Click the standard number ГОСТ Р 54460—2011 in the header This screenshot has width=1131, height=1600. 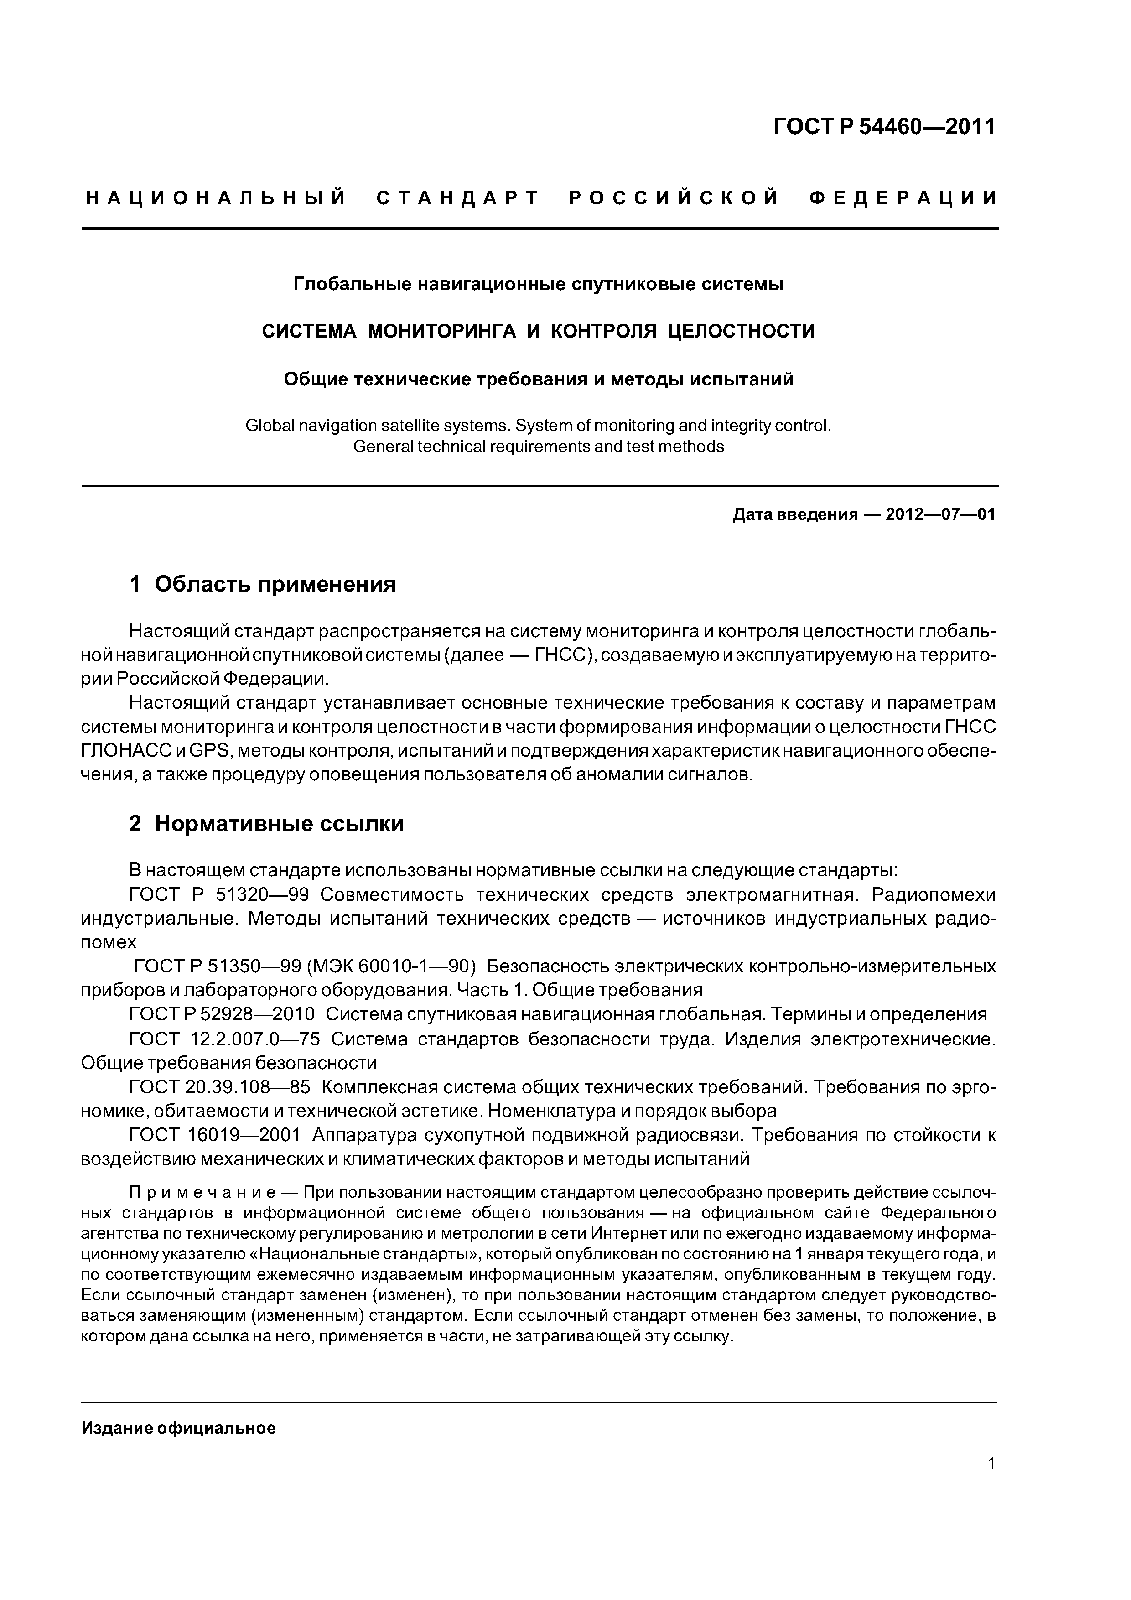884,127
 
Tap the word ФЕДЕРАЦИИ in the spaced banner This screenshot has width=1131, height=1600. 903,198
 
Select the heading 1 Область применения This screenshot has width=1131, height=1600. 263,583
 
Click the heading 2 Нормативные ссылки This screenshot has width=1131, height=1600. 266,824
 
